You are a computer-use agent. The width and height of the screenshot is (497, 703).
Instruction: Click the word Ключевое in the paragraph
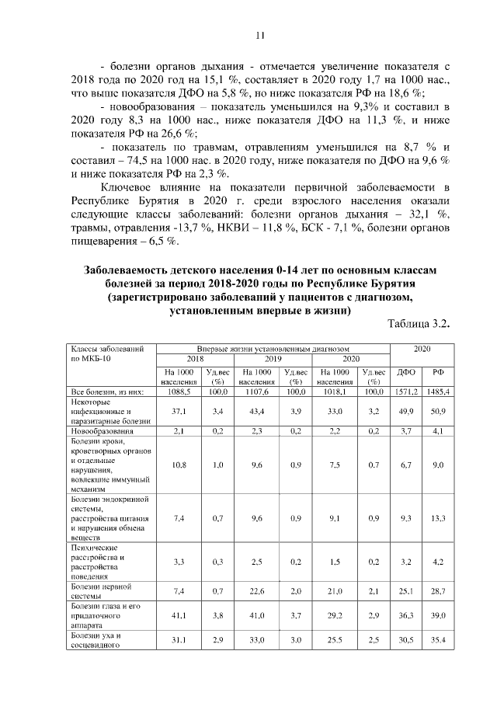(x=130, y=187)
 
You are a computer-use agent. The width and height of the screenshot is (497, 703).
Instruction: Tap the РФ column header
(x=438, y=372)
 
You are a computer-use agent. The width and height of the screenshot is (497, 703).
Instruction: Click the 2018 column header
(x=194, y=360)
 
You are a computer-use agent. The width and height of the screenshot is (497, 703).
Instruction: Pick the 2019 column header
(x=273, y=360)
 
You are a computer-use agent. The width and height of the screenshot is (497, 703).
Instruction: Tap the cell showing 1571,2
(x=406, y=392)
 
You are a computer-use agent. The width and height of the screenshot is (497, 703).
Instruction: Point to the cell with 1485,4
(x=439, y=392)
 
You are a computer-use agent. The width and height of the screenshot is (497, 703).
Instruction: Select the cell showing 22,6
(x=256, y=592)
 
